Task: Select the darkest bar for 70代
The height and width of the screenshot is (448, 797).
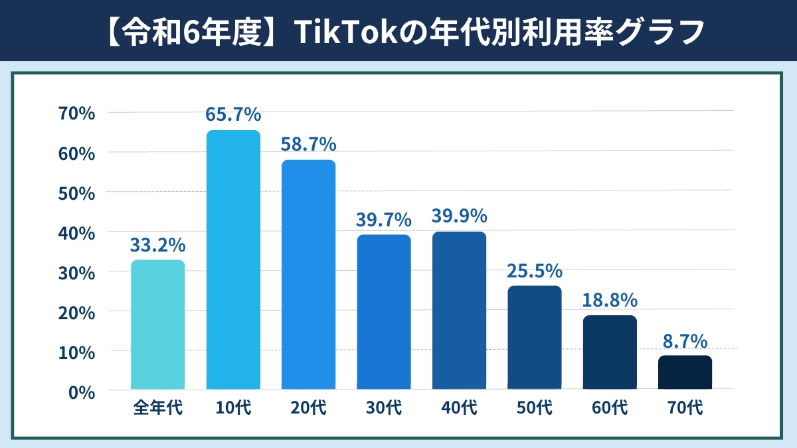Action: click(685, 372)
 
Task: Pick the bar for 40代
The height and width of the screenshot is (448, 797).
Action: click(459, 310)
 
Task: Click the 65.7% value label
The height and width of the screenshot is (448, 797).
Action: click(233, 114)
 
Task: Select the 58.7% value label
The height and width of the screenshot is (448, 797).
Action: click(308, 144)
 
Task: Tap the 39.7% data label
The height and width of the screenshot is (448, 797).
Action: click(384, 219)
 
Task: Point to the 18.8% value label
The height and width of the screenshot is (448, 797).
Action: click(610, 300)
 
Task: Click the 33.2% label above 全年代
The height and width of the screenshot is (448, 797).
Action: click(157, 245)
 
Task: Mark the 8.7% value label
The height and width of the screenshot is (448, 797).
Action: click(685, 340)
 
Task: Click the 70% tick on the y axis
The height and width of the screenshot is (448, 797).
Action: click(77, 113)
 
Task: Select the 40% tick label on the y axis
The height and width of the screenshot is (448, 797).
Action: click(77, 232)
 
